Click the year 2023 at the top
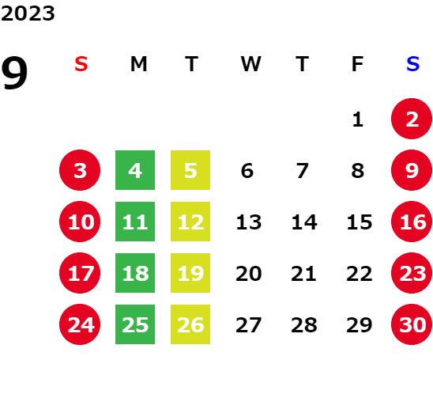pyautogui.click(x=28, y=13)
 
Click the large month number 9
pyautogui.click(x=14, y=73)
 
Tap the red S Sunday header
pyautogui.click(x=81, y=64)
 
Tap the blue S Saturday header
pyautogui.click(x=412, y=64)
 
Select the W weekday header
pyautogui.click(x=250, y=64)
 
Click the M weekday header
pyautogui.click(x=138, y=64)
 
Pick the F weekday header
pyautogui.click(x=358, y=64)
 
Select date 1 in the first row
pyautogui.click(x=358, y=119)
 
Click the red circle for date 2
pyautogui.click(x=412, y=119)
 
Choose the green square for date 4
pyautogui.click(x=135, y=170)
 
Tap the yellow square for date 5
pyautogui.click(x=190, y=170)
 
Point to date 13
pyautogui.click(x=249, y=222)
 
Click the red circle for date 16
pyautogui.click(x=412, y=222)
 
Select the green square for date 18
pyautogui.click(x=135, y=273)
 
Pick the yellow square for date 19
pyautogui.click(x=190, y=273)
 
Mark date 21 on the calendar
pyautogui.click(x=303, y=274)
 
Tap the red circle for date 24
pyautogui.click(x=80, y=324)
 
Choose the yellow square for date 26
pyautogui.click(x=190, y=324)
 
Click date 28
pyautogui.click(x=303, y=325)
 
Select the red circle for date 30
pyautogui.click(x=412, y=324)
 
